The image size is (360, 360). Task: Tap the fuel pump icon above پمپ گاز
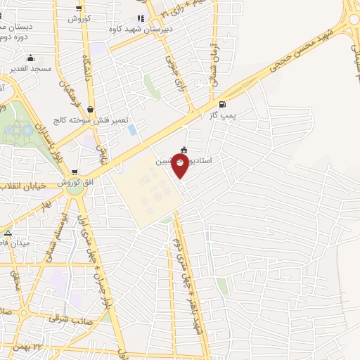(223, 103)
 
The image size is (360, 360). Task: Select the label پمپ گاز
(221, 115)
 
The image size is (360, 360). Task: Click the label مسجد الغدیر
(30, 70)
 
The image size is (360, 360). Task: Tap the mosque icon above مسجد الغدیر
(30, 59)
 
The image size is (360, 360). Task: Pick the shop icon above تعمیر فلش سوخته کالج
(91, 109)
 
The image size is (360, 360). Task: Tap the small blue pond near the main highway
(131, 130)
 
